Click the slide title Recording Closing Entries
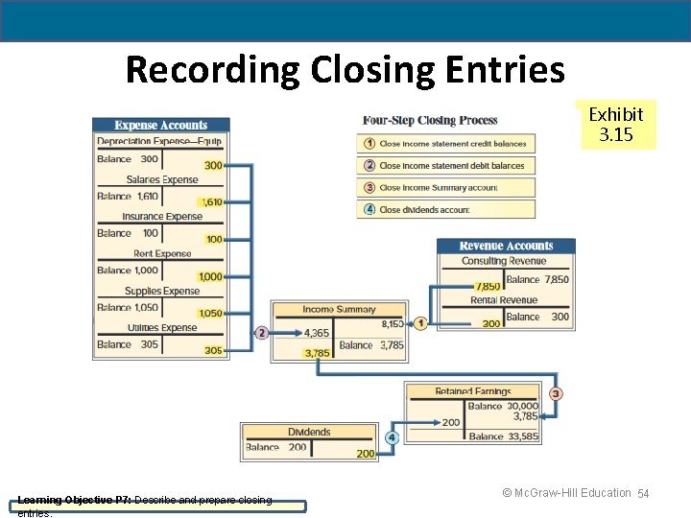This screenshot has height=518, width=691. [345, 70]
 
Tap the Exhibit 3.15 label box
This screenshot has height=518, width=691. [616, 125]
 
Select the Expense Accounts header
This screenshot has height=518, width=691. [161, 126]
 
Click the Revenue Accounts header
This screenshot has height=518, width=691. [506, 247]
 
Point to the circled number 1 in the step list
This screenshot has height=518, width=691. [369, 144]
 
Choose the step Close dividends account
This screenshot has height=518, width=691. [424, 209]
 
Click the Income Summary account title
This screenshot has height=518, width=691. [339, 310]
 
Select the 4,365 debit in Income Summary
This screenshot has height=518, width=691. [317, 333]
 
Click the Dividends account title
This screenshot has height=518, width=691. [309, 433]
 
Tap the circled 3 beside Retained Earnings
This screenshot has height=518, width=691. [556, 393]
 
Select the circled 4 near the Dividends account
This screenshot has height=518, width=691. [392, 437]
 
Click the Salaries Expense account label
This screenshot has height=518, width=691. [162, 180]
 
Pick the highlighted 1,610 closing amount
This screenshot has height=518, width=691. [211, 202]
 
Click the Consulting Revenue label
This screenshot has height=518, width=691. [504, 261]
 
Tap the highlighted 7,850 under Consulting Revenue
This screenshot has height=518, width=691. [488, 286]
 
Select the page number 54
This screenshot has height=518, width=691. [644, 493]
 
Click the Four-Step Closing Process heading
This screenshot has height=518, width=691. [430, 121]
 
